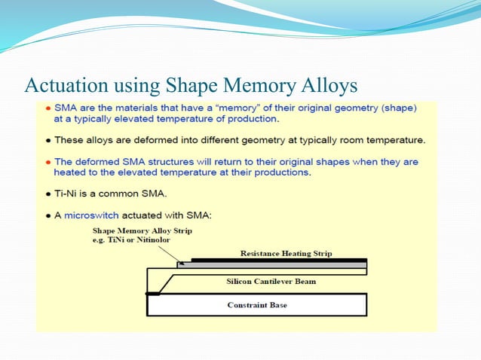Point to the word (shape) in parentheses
(397, 108)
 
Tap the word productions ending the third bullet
(284, 172)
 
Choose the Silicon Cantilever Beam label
(271, 281)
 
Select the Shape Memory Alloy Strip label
(137, 230)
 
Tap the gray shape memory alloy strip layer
(272, 265)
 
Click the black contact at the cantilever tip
(153, 293)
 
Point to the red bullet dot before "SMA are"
(48, 108)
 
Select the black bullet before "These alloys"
(48, 141)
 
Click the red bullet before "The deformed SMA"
(48, 162)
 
